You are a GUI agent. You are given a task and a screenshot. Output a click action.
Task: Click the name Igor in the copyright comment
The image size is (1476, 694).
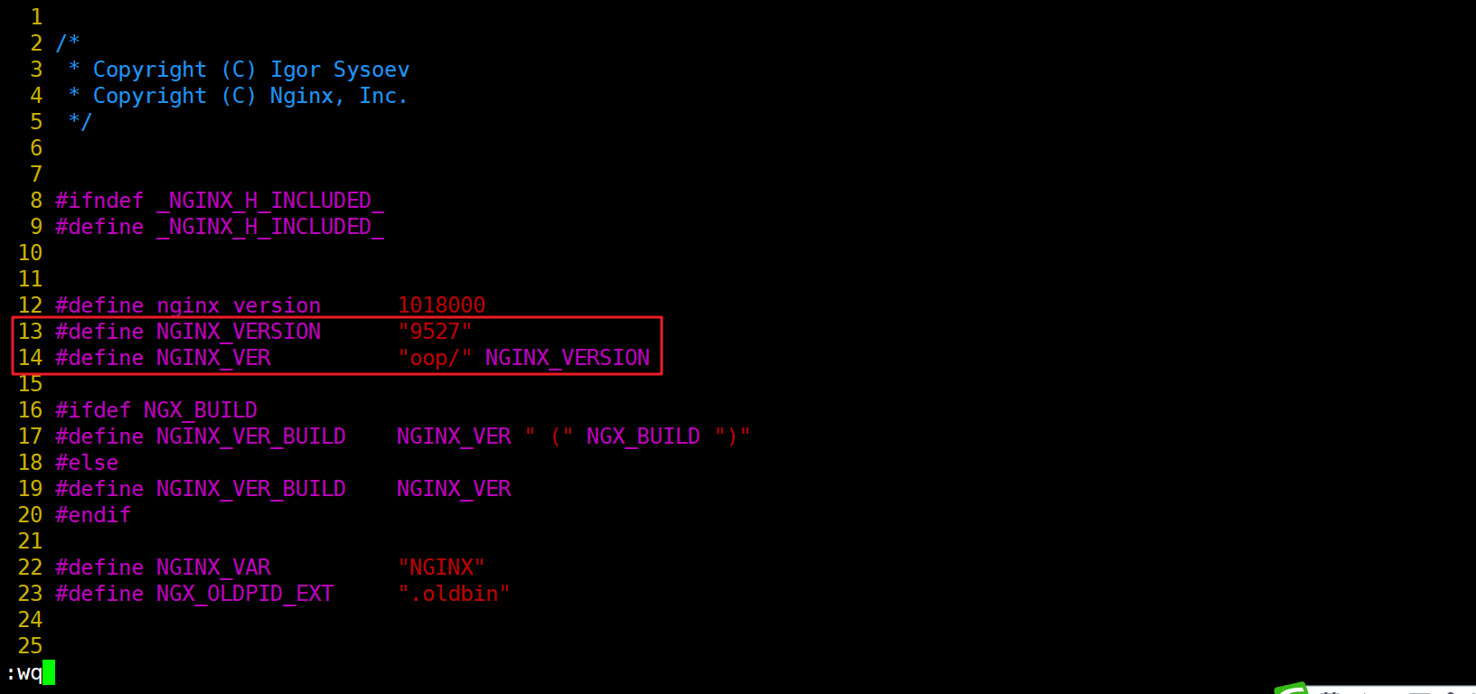296,70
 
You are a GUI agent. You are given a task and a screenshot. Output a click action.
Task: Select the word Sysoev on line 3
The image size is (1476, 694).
371,70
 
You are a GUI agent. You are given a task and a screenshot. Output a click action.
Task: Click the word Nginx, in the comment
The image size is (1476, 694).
306,96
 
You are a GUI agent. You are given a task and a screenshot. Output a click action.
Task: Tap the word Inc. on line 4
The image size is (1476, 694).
383,96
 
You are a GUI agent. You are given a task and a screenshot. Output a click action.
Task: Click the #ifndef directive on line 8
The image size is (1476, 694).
99,201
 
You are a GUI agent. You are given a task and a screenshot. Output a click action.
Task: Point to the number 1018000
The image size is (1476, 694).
441,305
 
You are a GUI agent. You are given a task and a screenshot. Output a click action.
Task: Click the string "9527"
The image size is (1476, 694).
435,332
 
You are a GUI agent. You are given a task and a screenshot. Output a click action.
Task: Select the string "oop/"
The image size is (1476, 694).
435,358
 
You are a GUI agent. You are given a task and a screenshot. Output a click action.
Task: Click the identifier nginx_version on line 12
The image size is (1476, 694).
239,305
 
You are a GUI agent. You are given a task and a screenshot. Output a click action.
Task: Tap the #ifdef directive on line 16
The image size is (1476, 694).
93,410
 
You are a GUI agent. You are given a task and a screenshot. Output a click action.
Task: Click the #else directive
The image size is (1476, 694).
87,463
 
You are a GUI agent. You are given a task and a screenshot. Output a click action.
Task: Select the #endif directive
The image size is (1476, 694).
93,515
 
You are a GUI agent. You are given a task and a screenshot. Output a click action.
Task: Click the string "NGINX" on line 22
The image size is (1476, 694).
441,567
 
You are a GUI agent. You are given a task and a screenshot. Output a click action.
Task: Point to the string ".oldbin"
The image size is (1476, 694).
454,594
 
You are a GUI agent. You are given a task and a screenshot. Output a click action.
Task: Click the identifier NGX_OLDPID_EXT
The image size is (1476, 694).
245,594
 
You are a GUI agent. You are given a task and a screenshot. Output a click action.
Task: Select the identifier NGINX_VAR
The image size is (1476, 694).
213,567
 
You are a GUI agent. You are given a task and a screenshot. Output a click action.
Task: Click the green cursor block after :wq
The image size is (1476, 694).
49,672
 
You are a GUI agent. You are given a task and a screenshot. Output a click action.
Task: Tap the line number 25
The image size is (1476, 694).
30,646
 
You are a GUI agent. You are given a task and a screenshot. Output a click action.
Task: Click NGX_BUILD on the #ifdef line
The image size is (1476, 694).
201,410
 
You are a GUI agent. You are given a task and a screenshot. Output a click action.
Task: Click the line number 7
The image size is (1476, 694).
36,174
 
